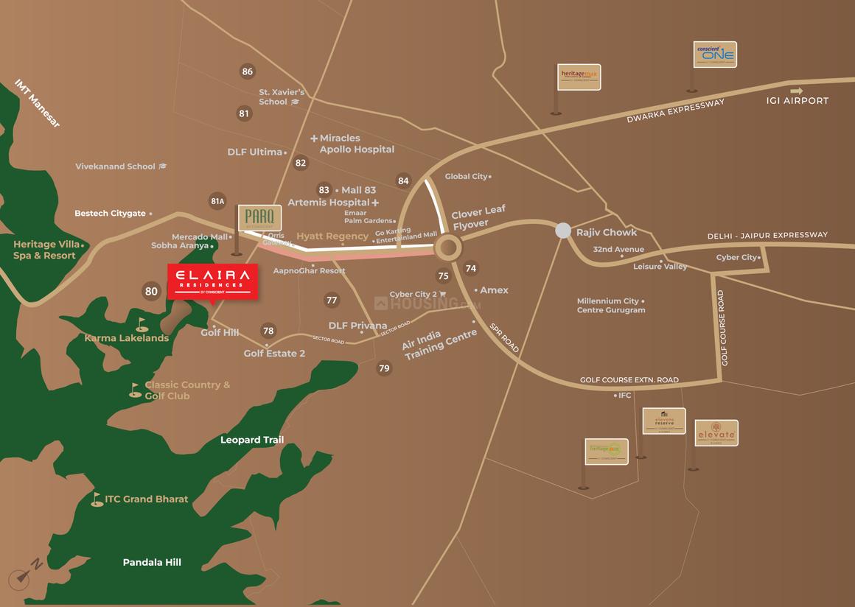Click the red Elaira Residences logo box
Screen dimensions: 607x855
pyautogui.click(x=212, y=281)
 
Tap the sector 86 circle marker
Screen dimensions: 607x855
pyautogui.click(x=247, y=71)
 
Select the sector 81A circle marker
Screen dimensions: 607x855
pyautogui.click(x=217, y=201)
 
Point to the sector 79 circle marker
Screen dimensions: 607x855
pyautogui.click(x=384, y=368)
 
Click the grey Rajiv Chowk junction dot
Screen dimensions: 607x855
pyautogui.click(x=563, y=231)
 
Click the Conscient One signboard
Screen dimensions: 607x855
pyautogui.click(x=715, y=55)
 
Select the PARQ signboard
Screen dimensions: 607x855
pyautogui.click(x=259, y=217)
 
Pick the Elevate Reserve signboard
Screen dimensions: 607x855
pyautogui.click(x=664, y=421)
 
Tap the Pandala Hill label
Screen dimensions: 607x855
pyautogui.click(x=152, y=562)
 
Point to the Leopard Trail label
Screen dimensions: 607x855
pyautogui.click(x=252, y=440)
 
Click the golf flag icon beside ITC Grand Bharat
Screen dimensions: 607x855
pyautogui.click(x=97, y=499)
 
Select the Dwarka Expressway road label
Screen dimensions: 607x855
pyautogui.click(x=676, y=111)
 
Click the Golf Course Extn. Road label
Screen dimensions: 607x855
pyautogui.click(x=629, y=380)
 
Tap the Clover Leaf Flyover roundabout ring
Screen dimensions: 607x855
pyautogui.click(x=447, y=247)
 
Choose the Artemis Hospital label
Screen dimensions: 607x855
pyautogui.click(x=329, y=202)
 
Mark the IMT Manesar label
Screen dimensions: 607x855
pyautogui.click(x=37, y=103)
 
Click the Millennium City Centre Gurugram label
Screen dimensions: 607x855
pyautogui.click(x=611, y=306)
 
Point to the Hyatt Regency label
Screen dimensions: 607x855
pyautogui.click(x=332, y=236)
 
